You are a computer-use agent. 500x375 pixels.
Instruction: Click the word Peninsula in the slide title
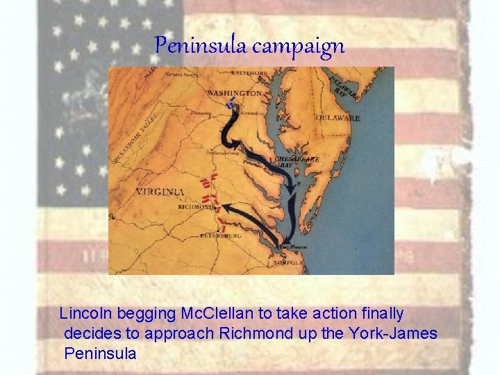click(201, 46)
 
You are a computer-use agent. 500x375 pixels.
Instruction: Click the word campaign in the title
click(299, 47)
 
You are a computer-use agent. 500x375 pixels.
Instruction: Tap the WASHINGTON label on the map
click(234, 92)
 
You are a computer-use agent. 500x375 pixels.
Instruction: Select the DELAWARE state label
click(338, 118)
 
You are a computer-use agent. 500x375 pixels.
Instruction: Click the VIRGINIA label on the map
click(160, 191)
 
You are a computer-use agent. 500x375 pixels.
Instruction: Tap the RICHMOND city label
click(196, 207)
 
